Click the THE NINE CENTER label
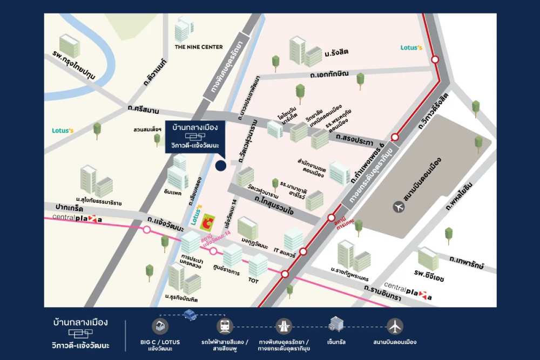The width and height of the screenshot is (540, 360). [198, 47]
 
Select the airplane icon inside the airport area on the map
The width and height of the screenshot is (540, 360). [399, 206]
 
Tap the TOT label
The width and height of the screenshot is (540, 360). [253, 281]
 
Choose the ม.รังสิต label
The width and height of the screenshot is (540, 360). [336, 51]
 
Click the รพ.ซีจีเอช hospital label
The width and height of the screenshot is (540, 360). [429, 277]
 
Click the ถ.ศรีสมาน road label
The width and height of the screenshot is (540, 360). [143, 110]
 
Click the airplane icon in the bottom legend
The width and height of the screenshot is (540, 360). [395, 326]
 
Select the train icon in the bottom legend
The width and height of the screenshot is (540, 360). [224, 326]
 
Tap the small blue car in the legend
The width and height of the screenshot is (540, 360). [190, 315]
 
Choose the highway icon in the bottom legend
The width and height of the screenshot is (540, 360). [283, 326]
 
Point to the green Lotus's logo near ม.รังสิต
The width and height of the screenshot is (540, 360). [411, 47]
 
